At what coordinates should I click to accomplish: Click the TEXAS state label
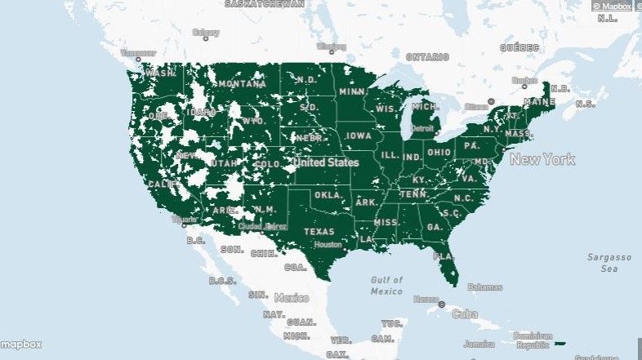319,231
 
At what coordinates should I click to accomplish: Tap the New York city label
542,159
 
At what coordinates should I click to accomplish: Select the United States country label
326,162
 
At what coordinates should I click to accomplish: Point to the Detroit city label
422,128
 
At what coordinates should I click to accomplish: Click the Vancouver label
136,54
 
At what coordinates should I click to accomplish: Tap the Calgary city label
205,33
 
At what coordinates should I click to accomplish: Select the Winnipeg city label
331,46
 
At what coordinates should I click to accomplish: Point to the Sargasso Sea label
609,262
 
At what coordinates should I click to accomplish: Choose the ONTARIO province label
427,57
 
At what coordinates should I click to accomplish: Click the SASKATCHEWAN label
264,4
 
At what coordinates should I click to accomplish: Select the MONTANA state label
242,84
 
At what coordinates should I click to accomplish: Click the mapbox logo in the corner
21,344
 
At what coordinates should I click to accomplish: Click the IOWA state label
358,136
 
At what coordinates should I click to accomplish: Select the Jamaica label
479,344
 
